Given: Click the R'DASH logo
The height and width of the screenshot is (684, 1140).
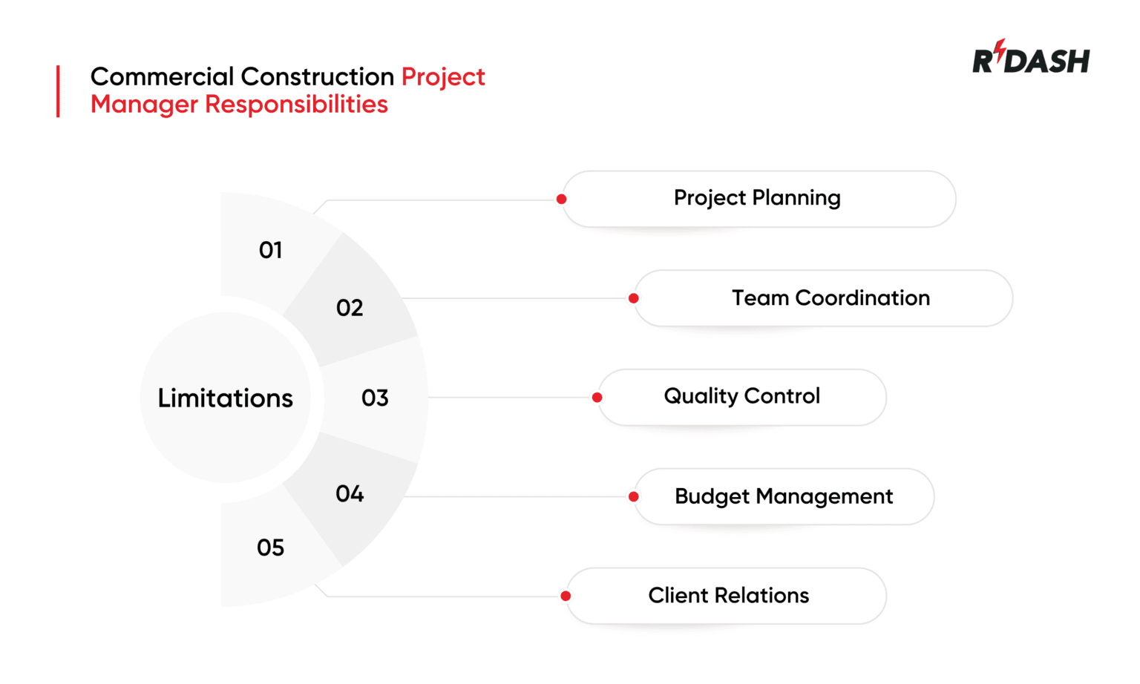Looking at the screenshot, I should click(x=1030, y=59).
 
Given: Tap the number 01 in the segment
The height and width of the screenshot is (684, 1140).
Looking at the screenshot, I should click(x=270, y=250).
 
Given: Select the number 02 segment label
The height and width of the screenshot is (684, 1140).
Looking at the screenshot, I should click(x=350, y=308).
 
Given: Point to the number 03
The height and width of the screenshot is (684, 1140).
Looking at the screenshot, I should click(x=375, y=398).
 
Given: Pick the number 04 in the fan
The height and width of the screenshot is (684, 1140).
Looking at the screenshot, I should click(x=350, y=494).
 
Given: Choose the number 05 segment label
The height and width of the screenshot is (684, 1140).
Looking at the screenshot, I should click(x=270, y=548).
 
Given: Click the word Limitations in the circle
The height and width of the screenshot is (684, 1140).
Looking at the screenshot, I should click(x=226, y=398).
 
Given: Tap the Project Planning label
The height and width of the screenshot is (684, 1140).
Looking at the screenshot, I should click(x=757, y=198).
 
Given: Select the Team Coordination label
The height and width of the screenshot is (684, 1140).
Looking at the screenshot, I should click(x=831, y=298).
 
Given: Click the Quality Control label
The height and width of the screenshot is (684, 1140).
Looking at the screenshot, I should click(x=741, y=396).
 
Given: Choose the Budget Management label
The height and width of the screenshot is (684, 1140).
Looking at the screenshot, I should click(x=784, y=496).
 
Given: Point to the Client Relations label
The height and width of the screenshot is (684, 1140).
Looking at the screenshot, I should click(x=728, y=596).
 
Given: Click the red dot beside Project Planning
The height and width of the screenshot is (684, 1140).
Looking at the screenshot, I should click(x=562, y=199).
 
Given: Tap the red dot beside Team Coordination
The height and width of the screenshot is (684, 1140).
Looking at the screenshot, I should click(x=633, y=298).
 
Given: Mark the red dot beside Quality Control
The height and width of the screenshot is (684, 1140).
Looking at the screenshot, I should click(x=597, y=398).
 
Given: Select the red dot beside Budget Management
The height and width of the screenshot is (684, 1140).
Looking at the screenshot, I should click(x=633, y=497).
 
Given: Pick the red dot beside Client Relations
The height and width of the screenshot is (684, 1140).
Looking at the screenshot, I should click(x=566, y=596).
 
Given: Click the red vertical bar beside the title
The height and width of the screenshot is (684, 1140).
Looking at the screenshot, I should click(x=58, y=91).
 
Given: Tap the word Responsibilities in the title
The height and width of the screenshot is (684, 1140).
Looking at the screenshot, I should click(x=296, y=105).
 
